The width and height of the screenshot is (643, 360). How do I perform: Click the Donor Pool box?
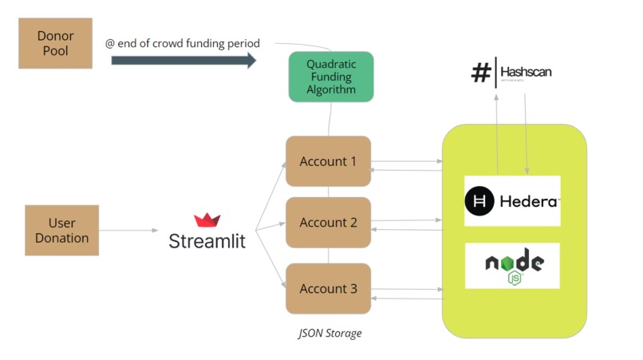[x=55, y=44]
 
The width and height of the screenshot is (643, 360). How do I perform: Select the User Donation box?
[x=61, y=230]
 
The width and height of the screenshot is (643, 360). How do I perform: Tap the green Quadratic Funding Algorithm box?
[x=331, y=77]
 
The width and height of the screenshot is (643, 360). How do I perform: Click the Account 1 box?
[x=328, y=161]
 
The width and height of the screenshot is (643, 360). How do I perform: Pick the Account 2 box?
[x=328, y=223]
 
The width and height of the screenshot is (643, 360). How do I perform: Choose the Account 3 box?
[x=328, y=289]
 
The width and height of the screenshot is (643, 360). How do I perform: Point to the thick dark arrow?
[x=183, y=61]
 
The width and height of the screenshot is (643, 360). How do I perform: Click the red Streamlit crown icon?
[x=207, y=220]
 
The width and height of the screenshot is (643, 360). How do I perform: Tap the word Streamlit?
[x=207, y=240]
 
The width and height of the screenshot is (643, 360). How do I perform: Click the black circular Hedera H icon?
[x=480, y=201]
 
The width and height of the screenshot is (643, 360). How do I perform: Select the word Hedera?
[x=529, y=201]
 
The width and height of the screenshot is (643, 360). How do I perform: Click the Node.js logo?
[x=514, y=267]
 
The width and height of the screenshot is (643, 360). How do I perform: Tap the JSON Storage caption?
[x=329, y=333]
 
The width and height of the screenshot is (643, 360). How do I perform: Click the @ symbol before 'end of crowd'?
[x=110, y=43]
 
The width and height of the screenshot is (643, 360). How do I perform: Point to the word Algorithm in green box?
[x=331, y=89]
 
